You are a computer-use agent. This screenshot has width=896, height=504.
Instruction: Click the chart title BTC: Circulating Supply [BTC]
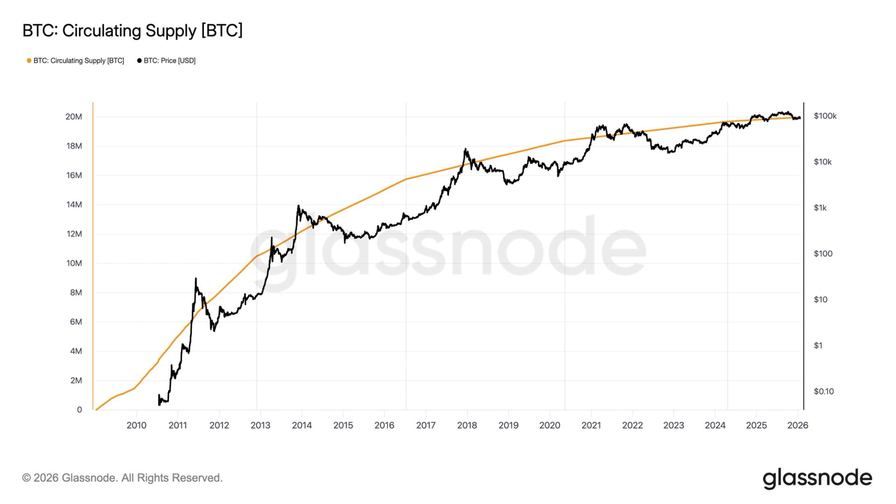[133, 31]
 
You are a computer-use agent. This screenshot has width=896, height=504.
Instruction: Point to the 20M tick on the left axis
[74, 117]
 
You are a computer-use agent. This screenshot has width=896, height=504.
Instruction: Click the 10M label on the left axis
[74, 263]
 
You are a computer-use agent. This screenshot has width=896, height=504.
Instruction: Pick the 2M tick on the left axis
[76, 380]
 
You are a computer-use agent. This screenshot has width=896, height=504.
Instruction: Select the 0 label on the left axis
[79, 410]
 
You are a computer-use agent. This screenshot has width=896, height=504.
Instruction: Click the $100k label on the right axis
[825, 116]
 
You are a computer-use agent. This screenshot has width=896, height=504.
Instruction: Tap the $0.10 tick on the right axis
[824, 392]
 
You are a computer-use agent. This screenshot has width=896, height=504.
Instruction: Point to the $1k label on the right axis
[820, 208]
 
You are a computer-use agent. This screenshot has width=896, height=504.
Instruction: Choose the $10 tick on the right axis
[820, 300]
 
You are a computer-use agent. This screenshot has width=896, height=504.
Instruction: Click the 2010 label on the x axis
[136, 425]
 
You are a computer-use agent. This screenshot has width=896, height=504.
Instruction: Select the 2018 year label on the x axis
[467, 425]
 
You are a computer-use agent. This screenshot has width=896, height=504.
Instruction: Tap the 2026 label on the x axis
[798, 425]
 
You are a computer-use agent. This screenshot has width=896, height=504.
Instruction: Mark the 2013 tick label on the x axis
[260, 425]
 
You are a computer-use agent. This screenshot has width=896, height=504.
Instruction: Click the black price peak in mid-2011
[196, 279]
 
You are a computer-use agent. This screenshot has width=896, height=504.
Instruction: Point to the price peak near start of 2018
[465, 149]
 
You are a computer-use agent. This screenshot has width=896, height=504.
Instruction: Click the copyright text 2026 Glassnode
[122, 478]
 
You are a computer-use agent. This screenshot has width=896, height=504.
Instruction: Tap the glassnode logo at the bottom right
[817, 478]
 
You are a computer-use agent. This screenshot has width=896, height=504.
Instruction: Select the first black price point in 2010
[159, 395]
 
